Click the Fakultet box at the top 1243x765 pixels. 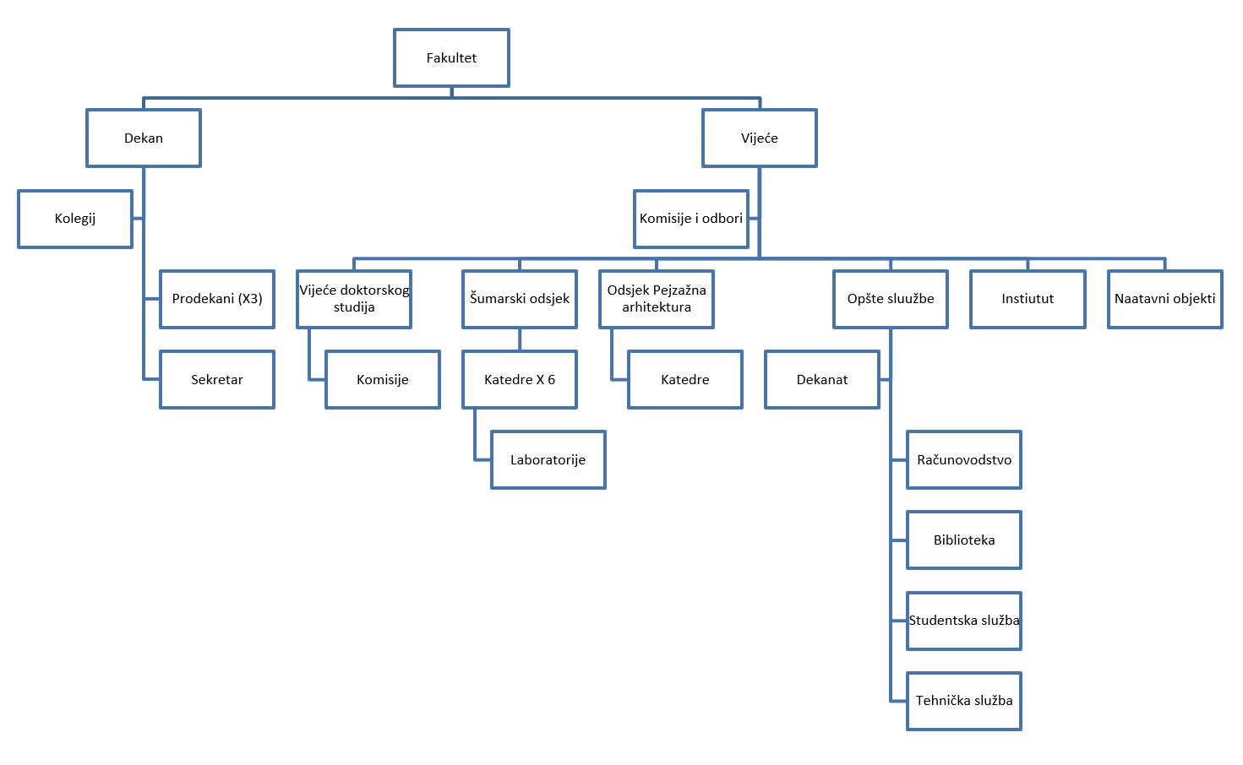point(451,58)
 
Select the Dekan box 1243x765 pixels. point(144,138)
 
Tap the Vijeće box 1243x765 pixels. point(759,138)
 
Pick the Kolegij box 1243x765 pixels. point(75,219)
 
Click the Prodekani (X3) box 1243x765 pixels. point(217,299)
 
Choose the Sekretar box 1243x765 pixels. point(217,380)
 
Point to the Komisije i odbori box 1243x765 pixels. point(691,219)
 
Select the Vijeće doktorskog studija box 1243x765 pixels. point(354,299)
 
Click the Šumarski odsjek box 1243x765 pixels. point(520,299)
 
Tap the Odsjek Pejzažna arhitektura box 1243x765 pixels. point(657,299)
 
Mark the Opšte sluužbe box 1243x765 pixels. point(891,299)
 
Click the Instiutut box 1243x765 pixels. point(1028,299)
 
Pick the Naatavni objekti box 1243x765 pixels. point(1164,299)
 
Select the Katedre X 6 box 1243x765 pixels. point(520,380)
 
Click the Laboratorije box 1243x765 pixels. point(548,460)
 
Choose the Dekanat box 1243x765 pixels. point(822,380)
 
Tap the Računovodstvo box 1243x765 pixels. point(964,460)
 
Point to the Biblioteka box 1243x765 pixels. point(964,540)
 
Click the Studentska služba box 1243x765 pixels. point(964,621)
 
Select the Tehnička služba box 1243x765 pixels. point(964,701)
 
